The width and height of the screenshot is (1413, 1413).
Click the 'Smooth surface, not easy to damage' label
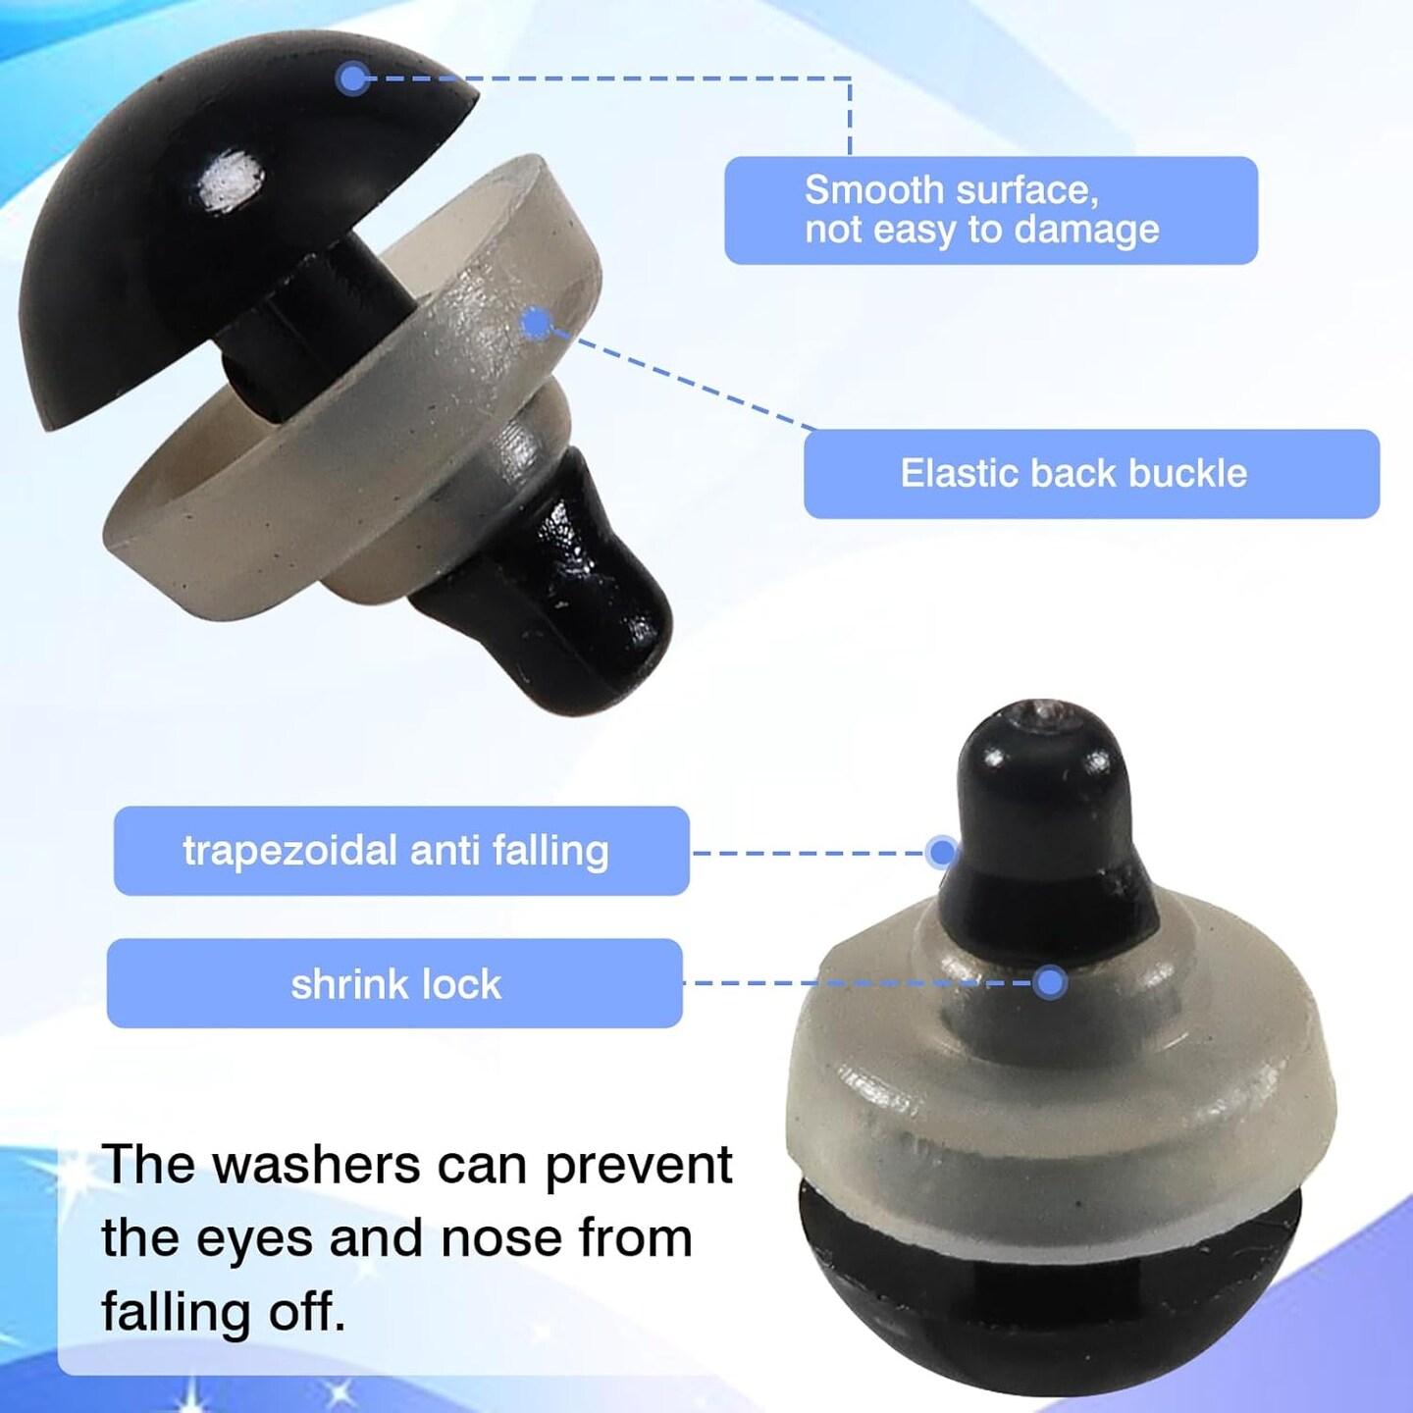(x=991, y=210)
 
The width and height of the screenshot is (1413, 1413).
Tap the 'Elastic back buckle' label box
(x=1091, y=474)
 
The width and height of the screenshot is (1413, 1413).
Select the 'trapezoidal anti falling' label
(x=401, y=851)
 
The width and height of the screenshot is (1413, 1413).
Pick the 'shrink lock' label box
(x=394, y=983)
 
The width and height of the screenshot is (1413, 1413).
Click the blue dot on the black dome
(x=353, y=78)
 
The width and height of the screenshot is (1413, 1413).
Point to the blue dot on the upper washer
(x=539, y=324)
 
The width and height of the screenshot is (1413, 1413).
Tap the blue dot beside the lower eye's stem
(x=942, y=852)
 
